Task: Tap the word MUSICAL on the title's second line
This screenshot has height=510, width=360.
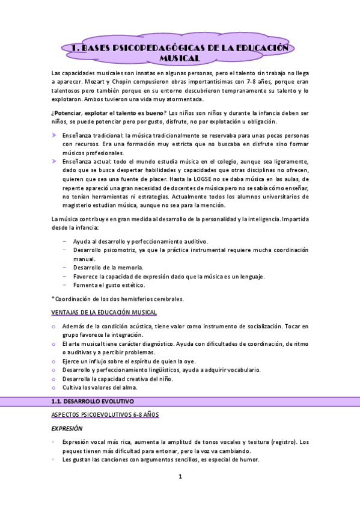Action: click(179, 58)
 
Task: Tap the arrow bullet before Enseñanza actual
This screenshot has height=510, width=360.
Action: click(54, 162)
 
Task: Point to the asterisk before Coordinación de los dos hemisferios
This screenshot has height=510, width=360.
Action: click(53, 298)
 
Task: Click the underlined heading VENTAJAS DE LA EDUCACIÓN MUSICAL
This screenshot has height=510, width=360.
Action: click(104, 312)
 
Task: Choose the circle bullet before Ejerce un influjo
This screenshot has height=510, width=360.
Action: click(54, 361)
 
